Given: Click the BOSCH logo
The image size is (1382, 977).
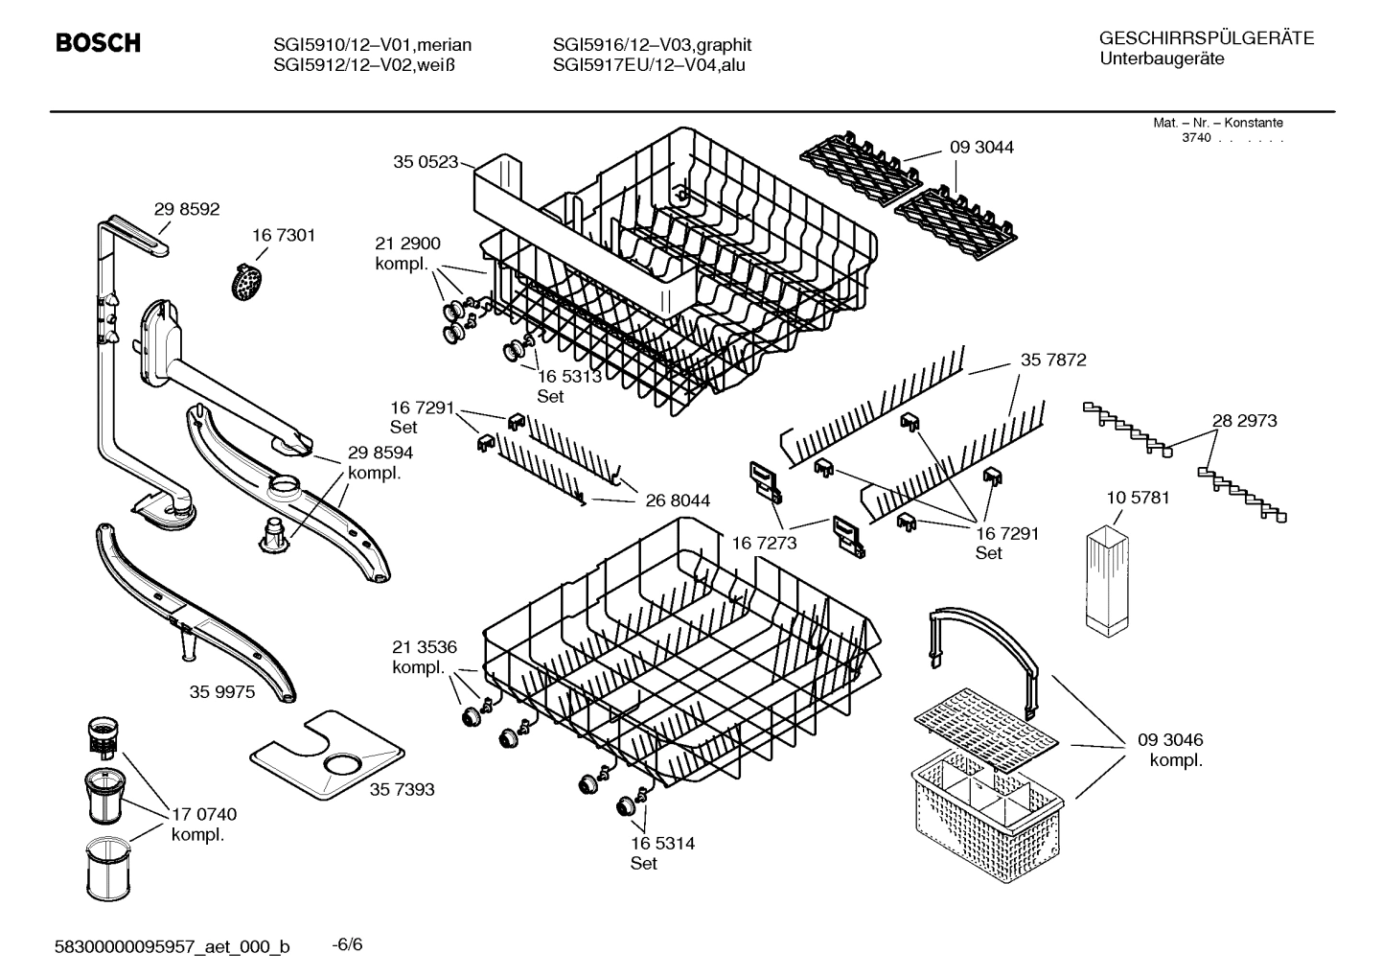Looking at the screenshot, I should point(99,43).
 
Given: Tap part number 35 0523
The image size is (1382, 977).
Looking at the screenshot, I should point(425,162).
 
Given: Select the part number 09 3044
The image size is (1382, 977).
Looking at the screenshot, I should point(981,147).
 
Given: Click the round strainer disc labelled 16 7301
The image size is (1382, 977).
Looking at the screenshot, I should point(247,282).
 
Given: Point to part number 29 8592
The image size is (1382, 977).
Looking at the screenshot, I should point(187,208).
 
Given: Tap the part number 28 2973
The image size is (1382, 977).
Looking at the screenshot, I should point(1244,420).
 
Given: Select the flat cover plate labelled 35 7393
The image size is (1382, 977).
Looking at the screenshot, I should point(326,755).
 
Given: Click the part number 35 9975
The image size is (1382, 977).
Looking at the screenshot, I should point(222,691).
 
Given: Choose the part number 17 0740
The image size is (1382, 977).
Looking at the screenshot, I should point(203,814).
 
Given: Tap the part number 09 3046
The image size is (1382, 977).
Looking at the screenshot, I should point(1170,740).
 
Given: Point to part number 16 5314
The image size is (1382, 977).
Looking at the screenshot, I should point(662,843).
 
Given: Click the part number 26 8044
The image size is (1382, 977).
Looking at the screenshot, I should point(678,500).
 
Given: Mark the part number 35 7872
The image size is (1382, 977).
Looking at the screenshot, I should point(1053,360).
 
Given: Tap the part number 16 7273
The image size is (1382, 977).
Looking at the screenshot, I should point(764,544).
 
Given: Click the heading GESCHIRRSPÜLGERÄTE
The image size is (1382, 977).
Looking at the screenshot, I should point(1206,38).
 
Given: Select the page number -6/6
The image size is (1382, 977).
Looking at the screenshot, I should point(347,944).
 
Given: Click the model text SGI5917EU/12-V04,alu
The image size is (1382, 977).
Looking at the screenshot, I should point(649,65).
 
